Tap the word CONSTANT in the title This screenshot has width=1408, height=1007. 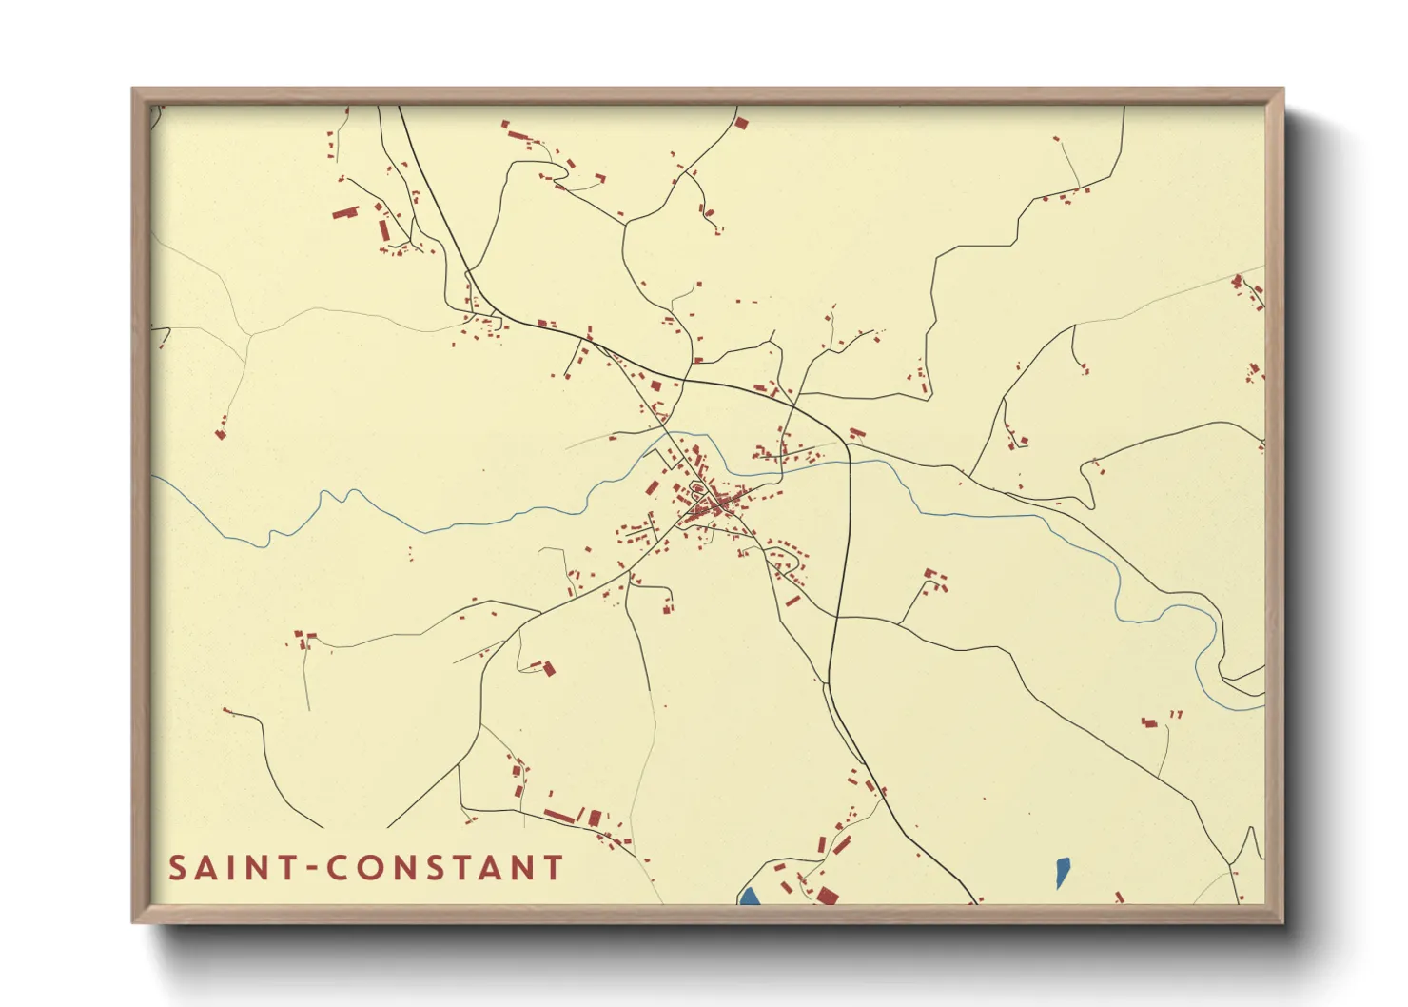tap(445, 868)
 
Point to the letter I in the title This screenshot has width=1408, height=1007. tap(232, 868)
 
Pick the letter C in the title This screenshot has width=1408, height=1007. tap(337, 868)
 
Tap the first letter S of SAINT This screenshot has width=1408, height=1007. tap(178, 868)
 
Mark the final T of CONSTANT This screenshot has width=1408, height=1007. tap(552, 868)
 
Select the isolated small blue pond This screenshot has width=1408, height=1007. tap(1062, 871)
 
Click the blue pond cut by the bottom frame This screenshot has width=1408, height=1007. tap(750, 896)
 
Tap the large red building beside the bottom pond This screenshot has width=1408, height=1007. tap(826, 895)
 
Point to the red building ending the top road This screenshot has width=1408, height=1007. tap(741, 123)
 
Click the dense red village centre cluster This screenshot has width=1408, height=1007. tap(714, 502)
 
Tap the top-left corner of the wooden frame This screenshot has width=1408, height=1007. tap(134, 90)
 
